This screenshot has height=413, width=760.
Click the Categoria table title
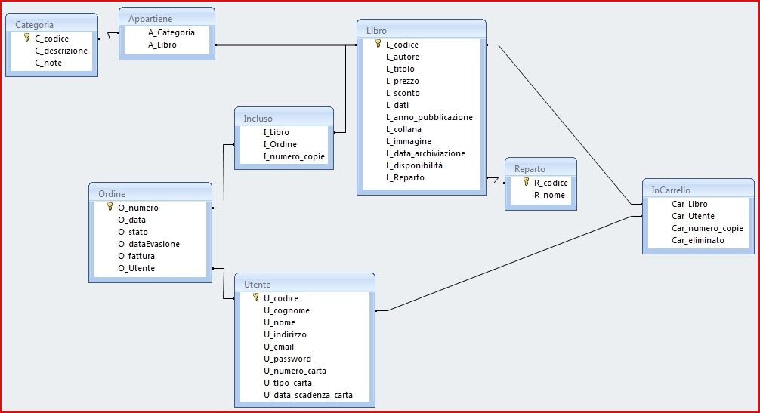[x=34, y=25]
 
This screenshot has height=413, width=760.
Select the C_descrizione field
[x=61, y=51]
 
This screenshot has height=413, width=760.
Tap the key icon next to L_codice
[x=378, y=44]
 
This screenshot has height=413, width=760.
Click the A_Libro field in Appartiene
[x=162, y=45]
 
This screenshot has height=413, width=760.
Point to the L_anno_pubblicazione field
[x=429, y=117]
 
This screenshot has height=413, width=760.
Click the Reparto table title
[x=530, y=169]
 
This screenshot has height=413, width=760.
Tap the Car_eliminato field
[x=697, y=240]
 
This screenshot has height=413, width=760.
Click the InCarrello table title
[x=671, y=190]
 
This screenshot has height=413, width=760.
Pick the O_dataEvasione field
[x=149, y=244]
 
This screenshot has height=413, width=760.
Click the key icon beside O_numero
[x=110, y=206]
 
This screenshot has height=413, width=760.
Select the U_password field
[x=287, y=359]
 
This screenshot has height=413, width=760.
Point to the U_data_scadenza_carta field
[x=307, y=395]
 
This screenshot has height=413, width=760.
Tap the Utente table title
[x=257, y=285]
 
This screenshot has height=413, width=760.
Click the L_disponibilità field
[x=414, y=165]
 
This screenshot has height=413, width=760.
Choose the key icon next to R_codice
[x=526, y=182]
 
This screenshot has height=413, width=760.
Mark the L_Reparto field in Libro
[x=405, y=177]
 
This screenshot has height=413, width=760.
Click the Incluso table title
[x=258, y=119]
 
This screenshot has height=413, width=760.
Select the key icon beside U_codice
[x=255, y=297]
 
